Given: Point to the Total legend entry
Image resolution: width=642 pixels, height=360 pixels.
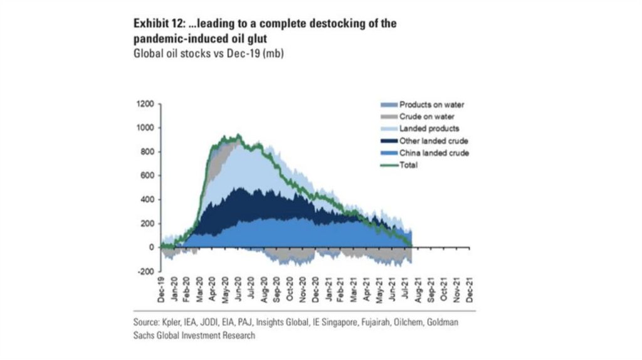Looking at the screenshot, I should click(x=408, y=165).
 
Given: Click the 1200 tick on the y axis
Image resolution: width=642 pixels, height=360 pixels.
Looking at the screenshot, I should click(x=145, y=104).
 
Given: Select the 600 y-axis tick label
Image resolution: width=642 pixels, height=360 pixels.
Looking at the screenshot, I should click(x=147, y=176).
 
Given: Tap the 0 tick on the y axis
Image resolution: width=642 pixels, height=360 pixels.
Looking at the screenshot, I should click(x=151, y=248).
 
